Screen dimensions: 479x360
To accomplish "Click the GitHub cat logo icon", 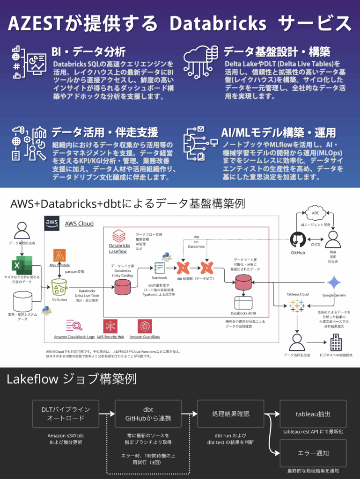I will click(x=298, y=239).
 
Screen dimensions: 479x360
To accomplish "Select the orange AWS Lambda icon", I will click(x=59, y=255).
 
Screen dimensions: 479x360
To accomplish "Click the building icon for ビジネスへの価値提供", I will click(x=336, y=343).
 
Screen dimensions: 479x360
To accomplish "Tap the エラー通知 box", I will click(x=313, y=453).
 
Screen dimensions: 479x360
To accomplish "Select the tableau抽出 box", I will click(x=313, y=414).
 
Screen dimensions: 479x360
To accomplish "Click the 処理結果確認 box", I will click(x=230, y=414).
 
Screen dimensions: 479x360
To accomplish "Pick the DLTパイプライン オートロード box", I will click(x=66, y=414).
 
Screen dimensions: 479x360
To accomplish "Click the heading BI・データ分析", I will click(x=88, y=51).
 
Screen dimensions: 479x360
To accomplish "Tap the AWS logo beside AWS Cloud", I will click(x=52, y=224).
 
